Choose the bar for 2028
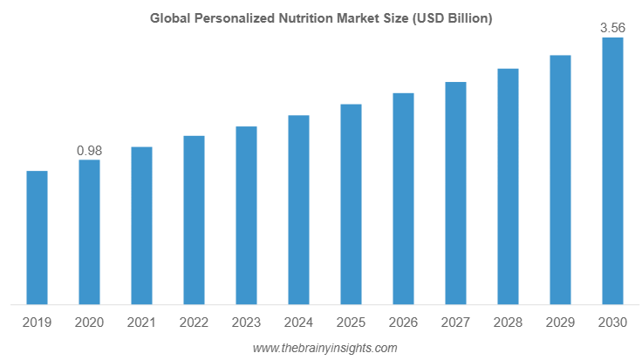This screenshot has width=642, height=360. point(508,187)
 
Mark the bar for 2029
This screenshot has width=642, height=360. point(560,180)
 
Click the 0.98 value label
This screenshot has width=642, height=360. point(89,151)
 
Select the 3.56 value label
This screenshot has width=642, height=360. point(612,29)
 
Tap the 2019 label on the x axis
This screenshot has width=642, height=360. point(37,323)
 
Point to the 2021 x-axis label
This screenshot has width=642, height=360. point(141,323)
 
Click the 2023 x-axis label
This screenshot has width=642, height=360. point(246,323)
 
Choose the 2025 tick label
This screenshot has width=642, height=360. point(351,323)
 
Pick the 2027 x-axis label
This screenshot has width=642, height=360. point(455,323)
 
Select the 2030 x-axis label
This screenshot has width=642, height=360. point(612,323)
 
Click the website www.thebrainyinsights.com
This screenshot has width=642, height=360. point(324,348)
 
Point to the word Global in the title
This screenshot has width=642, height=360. point(168,17)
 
